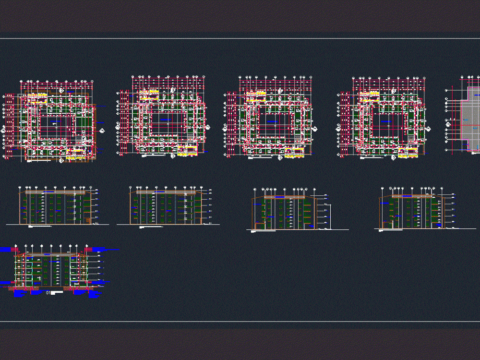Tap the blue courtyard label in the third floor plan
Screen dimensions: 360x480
pyautogui.click(x=272, y=122)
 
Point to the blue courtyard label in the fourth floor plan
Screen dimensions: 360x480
pyautogui.click(x=386, y=122)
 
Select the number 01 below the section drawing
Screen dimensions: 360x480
pyautogui.click(x=48, y=292)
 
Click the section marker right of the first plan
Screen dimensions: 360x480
pyautogui.click(x=101, y=130)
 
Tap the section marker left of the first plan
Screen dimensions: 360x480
pyautogui.click(x=3, y=130)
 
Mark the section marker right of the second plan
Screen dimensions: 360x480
pyautogui.click(x=208, y=127)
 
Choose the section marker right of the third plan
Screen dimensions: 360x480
pyautogui.click(x=315, y=129)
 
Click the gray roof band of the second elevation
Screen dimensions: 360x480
pyautogui.click(x=166, y=192)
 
